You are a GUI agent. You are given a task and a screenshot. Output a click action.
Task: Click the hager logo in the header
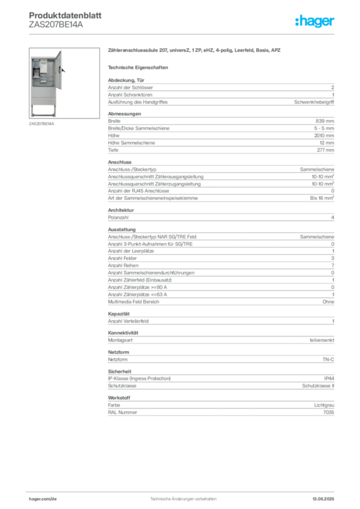point(314,21)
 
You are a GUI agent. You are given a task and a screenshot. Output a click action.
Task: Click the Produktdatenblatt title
point(65,15)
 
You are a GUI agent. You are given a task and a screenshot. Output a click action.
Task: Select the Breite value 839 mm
point(325,121)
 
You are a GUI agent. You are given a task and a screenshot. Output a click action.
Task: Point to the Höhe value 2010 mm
point(324,136)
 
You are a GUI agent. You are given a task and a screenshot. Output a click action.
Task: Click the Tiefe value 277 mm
point(325,150)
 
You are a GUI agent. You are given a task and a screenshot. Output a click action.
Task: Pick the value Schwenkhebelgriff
point(314,102)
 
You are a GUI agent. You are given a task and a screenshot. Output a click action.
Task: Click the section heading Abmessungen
point(124,114)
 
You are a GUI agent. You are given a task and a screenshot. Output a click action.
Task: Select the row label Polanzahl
point(118,218)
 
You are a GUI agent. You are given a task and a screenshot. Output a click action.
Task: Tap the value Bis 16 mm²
point(322,198)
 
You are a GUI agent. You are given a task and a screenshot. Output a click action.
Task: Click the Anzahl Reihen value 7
point(333,265)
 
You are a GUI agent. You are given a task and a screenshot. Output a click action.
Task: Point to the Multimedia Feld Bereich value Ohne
point(328,302)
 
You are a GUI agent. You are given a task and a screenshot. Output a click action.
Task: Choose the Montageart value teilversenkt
point(322,340)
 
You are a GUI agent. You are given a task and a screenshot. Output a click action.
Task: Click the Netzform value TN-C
point(328,360)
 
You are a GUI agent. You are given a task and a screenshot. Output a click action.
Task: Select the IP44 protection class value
point(329,378)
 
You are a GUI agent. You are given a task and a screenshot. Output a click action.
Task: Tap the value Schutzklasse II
point(318,386)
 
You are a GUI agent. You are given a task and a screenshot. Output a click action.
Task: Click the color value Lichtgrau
point(324,406)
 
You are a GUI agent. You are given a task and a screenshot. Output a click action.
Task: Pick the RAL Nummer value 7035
point(329,413)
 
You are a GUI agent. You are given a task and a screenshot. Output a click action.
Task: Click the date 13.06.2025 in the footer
point(323,499)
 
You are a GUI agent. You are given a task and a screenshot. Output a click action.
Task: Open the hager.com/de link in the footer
point(43,499)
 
